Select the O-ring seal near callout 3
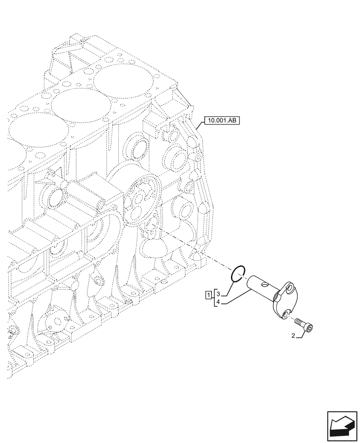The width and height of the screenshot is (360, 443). point(239,274)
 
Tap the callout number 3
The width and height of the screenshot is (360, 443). point(218,294)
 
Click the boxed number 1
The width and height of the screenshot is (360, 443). point(208,295)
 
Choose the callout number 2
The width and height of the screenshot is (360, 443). point(293,336)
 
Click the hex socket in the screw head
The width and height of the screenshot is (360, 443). point(311,328)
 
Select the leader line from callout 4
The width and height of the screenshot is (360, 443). point(235,297)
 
